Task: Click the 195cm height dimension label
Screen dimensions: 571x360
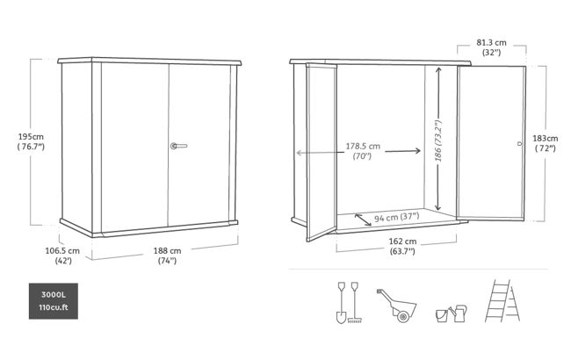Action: (x=31, y=141)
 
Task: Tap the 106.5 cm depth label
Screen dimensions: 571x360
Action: (x=62, y=256)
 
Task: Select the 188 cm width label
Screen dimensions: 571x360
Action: (x=167, y=256)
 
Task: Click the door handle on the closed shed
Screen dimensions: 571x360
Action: (x=178, y=146)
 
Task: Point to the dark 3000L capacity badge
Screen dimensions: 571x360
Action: (x=54, y=301)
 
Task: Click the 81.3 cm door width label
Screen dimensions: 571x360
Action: (x=491, y=47)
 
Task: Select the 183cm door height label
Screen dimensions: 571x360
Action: (x=546, y=143)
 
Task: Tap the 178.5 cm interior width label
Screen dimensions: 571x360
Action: (x=363, y=151)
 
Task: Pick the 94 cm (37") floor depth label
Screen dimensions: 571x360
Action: (x=397, y=217)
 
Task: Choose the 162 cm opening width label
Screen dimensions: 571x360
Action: (x=402, y=246)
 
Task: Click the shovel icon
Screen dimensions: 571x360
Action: (x=341, y=302)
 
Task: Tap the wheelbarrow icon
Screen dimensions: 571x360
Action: (x=397, y=306)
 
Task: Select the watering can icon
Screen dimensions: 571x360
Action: (x=458, y=313)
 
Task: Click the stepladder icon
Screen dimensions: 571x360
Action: (x=502, y=300)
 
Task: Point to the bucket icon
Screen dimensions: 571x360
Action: (x=442, y=315)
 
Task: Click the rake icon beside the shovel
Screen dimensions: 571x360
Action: (x=354, y=302)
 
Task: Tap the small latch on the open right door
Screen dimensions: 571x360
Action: (x=520, y=144)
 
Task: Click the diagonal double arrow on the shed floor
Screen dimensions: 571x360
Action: (x=363, y=220)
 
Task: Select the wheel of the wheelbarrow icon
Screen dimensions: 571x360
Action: (x=402, y=317)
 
